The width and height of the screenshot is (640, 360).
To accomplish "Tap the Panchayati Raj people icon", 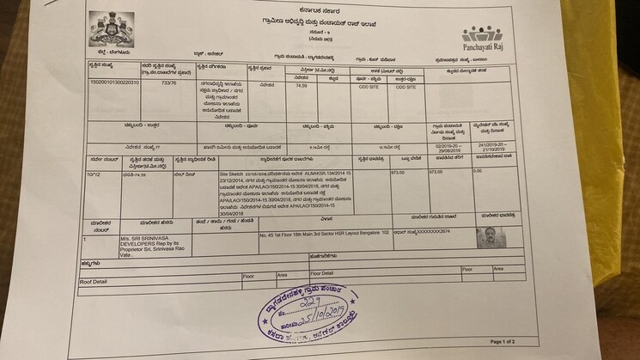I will click(481, 34).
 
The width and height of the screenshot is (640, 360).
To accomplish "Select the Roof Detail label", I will click(93, 281).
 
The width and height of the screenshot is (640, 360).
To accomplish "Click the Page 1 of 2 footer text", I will click(502, 342).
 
